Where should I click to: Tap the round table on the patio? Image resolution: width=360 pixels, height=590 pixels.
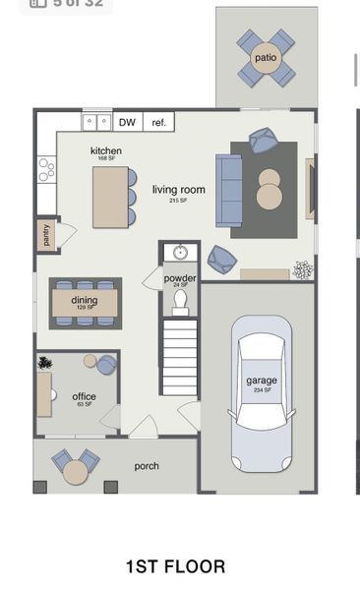[266, 57]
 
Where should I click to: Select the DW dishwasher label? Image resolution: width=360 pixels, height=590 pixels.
[127, 123]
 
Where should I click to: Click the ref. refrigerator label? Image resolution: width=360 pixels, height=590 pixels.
[156, 123]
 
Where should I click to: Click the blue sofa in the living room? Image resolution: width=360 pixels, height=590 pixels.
[228, 189]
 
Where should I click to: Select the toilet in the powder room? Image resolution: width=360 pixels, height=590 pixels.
[180, 304]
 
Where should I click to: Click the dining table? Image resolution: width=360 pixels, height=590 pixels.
[86, 302]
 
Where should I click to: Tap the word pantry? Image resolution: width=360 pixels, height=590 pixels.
[45, 236]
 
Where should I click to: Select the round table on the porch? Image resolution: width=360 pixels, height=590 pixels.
[76, 472]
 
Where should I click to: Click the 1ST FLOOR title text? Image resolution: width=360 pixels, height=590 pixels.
[175, 566]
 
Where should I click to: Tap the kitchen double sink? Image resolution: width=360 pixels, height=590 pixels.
[96, 122]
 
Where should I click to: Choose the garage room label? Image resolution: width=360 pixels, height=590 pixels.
[262, 381]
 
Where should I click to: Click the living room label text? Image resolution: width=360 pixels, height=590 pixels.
[178, 190]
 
